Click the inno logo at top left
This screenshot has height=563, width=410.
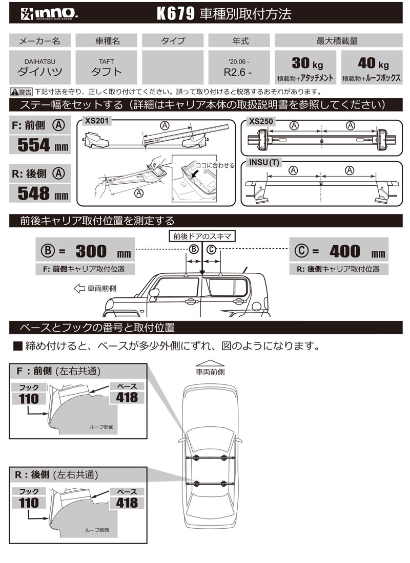point(44,14)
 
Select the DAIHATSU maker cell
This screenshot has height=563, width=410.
point(40,68)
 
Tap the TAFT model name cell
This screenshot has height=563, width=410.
point(106,68)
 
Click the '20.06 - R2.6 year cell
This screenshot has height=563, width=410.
point(238,68)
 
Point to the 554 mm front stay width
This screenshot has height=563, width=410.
point(40,145)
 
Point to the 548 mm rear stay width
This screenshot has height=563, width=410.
point(40,193)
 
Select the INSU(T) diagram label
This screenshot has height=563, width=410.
point(264,163)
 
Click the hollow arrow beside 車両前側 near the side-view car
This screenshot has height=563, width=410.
point(79,289)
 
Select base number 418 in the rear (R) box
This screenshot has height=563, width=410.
point(127,502)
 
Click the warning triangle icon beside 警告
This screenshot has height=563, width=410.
point(14,92)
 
